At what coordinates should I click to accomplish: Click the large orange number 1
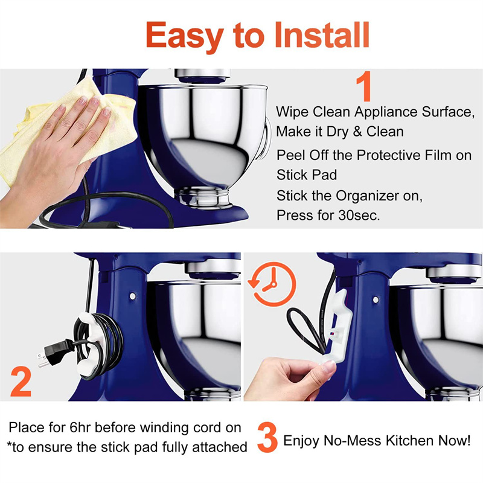point(363,86)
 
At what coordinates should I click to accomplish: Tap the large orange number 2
point(21,382)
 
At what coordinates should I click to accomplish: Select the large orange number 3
point(267,437)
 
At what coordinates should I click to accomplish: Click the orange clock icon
point(272,284)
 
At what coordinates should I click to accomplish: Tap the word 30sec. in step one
point(359,216)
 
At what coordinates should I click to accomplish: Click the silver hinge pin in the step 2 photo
point(133,296)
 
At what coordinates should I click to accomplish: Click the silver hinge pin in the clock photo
point(376,299)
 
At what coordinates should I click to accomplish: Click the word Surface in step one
point(448,112)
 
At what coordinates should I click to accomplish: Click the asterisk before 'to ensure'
point(9,444)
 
